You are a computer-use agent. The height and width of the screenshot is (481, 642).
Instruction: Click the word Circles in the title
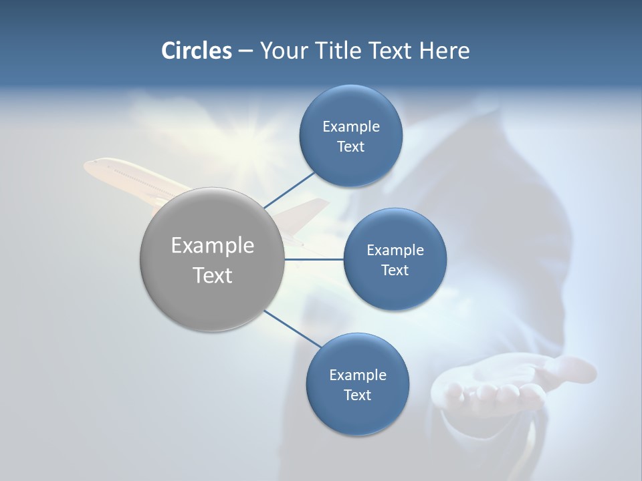coord(196,51)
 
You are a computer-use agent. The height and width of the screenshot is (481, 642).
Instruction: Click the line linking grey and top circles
coord(289,190)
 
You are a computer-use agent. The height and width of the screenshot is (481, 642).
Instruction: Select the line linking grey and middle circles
coord(314,259)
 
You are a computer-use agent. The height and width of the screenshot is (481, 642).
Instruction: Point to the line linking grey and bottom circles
coord(288,329)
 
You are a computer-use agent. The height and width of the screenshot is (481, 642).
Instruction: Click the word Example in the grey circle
coord(213,245)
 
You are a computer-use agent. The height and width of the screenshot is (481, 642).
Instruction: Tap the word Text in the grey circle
coord(213,275)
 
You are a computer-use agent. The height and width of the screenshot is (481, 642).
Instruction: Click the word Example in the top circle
coord(350,126)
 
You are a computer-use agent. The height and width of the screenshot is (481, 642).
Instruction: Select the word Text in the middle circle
coord(395,270)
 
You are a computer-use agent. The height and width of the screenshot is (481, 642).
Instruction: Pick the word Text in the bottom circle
coord(357,395)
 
